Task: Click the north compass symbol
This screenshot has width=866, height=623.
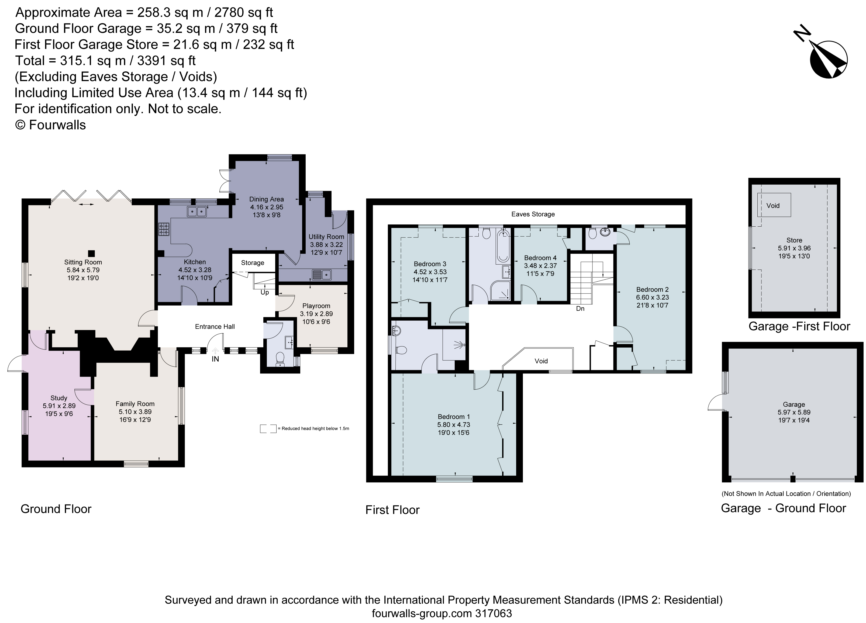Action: point(828,60)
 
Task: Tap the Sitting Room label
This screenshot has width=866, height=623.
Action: point(83,262)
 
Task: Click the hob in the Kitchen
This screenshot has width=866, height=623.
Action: point(164,229)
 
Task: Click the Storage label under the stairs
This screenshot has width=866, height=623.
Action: point(252,263)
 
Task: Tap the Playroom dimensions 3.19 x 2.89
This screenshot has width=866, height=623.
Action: point(316,314)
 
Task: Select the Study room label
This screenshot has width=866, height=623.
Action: point(59,398)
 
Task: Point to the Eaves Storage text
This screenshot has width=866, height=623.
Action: point(533,214)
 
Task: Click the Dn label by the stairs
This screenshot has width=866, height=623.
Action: point(580,309)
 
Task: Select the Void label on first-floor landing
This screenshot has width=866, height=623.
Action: point(541,361)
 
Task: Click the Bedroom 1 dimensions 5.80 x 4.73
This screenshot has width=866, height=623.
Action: point(454,424)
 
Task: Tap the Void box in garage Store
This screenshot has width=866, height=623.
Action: point(774,205)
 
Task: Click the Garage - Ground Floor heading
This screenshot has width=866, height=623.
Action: point(784,508)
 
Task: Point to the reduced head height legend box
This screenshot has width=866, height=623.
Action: point(268,429)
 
